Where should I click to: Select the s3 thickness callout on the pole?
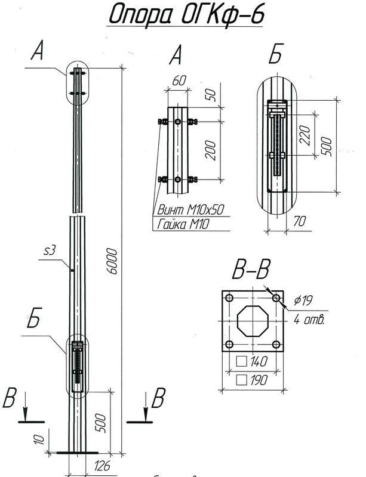tap(51, 251)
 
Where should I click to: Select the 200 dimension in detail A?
tap(211, 150)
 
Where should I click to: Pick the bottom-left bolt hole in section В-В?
tap(229, 345)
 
